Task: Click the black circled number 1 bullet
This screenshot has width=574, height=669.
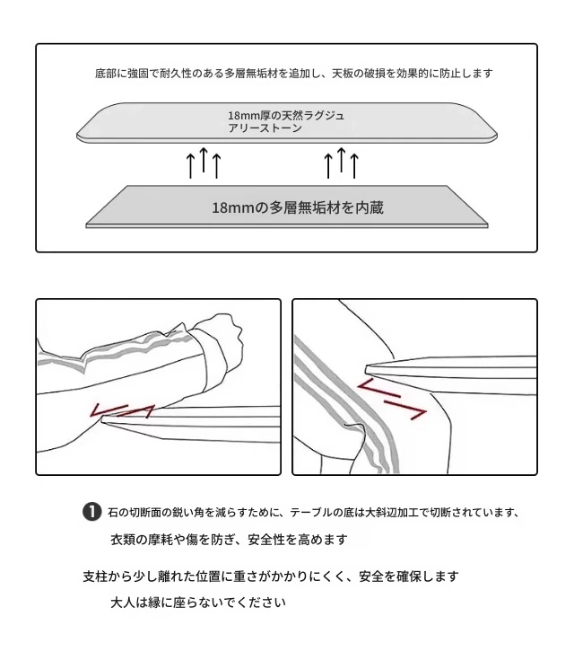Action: (x=91, y=512)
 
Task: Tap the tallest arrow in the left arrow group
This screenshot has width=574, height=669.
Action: (x=204, y=160)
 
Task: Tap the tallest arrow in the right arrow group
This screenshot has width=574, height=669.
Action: (x=341, y=160)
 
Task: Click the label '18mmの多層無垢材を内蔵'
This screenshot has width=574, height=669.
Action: (x=298, y=207)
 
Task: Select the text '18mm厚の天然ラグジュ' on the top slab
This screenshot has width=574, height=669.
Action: (x=286, y=116)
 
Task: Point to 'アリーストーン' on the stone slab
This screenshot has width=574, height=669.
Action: (x=265, y=128)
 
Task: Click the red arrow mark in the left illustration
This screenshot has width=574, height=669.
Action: (x=122, y=410)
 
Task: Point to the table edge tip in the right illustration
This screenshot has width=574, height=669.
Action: (x=368, y=368)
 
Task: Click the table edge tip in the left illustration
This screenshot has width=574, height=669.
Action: (x=103, y=421)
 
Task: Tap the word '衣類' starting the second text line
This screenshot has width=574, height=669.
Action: (x=123, y=540)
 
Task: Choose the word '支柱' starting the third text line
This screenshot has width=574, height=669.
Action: (x=95, y=577)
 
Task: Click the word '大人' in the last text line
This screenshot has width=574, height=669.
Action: (x=123, y=603)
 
